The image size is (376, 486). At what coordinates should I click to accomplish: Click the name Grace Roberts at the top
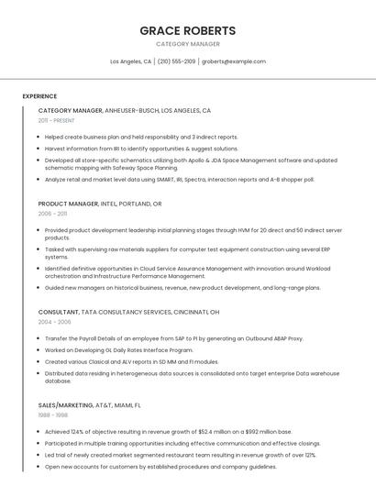(x=187, y=30)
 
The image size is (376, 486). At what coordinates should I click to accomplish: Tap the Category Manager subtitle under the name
(x=187, y=44)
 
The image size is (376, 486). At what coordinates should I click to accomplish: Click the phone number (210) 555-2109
(x=176, y=61)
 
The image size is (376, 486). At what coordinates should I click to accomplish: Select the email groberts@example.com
(x=234, y=61)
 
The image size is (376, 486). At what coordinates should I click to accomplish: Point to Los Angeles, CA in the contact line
(x=130, y=61)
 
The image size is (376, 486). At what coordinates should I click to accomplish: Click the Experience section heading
(x=39, y=95)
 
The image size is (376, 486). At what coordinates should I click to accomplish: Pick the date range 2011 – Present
(x=56, y=120)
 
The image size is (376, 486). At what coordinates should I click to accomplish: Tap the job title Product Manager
(x=68, y=204)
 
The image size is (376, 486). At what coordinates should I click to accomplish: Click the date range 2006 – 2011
(x=52, y=214)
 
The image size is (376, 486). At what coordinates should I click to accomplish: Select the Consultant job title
(x=58, y=312)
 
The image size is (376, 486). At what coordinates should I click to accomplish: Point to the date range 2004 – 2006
(x=54, y=322)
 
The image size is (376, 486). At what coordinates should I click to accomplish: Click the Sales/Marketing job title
(x=66, y=404)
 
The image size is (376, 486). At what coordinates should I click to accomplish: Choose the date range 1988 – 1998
(x=52, y=414)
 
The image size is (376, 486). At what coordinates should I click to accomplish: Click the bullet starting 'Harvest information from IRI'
(x=141, y=148)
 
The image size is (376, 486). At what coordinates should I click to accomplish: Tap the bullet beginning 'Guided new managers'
(x=182, y=287)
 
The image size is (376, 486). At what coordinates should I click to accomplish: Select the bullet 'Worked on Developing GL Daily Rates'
(x=118, y=349)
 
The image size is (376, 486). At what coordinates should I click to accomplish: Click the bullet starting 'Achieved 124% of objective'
(x=168, y=431)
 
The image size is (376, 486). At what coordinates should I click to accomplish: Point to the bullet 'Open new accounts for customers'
(x=160, y=466)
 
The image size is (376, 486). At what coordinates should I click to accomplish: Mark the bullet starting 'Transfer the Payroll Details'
(x=173, y=338)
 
